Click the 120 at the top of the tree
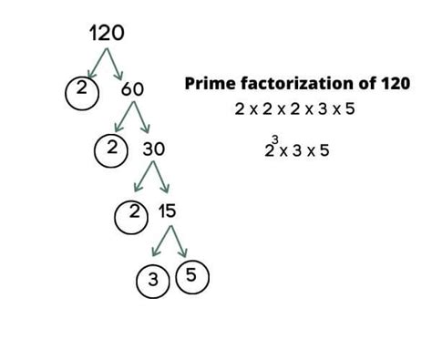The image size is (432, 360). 107,34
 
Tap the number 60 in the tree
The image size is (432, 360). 131,89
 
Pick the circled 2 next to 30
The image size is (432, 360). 111,149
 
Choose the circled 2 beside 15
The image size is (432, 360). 131,213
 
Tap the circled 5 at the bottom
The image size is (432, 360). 191,274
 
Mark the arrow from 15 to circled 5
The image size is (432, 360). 179,242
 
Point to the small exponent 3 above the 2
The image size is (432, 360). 274,139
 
